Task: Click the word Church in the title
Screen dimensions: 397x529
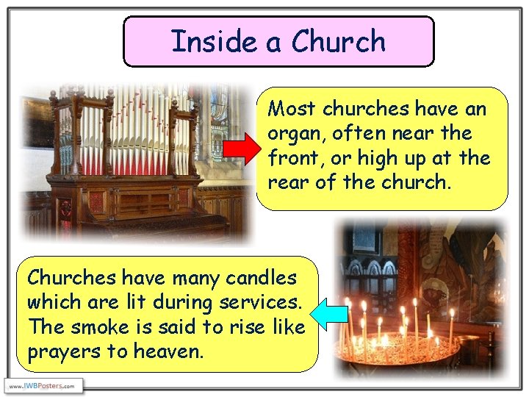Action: pos(338,41)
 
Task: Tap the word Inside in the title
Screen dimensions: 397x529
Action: pos(214,41)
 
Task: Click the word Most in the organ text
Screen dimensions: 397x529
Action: pos(292,110)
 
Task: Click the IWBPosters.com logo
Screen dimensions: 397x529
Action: pos(43,386)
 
